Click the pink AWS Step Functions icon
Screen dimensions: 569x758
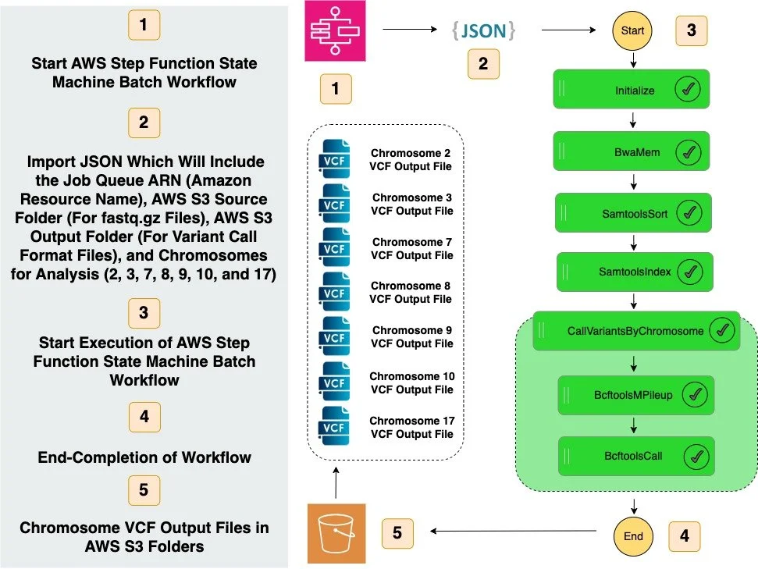point(336,32)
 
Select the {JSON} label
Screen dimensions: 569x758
point(483,30)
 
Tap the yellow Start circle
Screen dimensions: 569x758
point(633,31)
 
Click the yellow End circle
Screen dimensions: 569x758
point(633,536)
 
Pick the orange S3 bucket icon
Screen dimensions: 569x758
point(336,534)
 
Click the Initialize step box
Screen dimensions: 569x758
point(632,91)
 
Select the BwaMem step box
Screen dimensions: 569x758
point(632,152)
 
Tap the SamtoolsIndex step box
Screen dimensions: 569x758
point(632,272)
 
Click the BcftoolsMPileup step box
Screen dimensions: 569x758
point(635,395)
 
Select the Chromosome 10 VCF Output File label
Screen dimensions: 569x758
point(411,382)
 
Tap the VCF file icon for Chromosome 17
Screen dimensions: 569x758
point(334,428)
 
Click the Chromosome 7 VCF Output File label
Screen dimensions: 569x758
point(411,249)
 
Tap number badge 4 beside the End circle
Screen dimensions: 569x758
point(685,536)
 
